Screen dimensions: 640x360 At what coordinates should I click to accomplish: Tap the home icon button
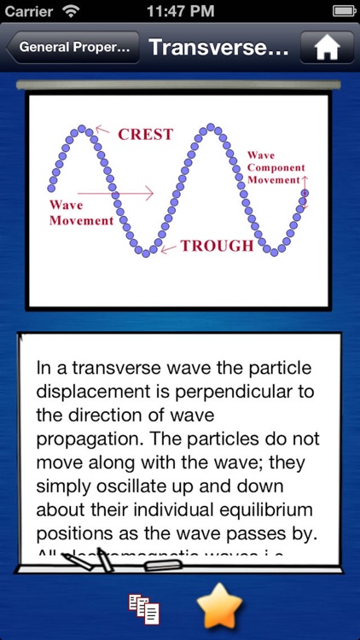click(327, 48)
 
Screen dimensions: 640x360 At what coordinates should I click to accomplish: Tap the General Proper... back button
click(73, 48)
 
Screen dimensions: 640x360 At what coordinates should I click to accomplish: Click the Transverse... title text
click(218, 48)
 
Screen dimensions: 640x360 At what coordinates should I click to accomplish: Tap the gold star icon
click(220, 607)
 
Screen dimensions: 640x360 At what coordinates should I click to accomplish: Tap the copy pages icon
click(144, 608)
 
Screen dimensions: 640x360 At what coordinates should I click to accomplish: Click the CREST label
click(145, 134)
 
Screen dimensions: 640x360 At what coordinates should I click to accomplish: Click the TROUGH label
click(216, 246)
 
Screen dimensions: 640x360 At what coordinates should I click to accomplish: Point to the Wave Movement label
click(81, 212)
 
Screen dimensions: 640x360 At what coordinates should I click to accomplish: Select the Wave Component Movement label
click(275, 167)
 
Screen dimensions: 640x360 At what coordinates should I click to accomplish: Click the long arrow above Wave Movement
click(119, 193)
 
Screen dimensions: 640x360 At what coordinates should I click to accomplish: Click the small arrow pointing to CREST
click(102, 131)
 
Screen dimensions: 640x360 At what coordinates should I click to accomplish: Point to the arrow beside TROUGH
click(167, 247)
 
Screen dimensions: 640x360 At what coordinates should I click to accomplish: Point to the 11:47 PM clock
click(180, 12)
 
